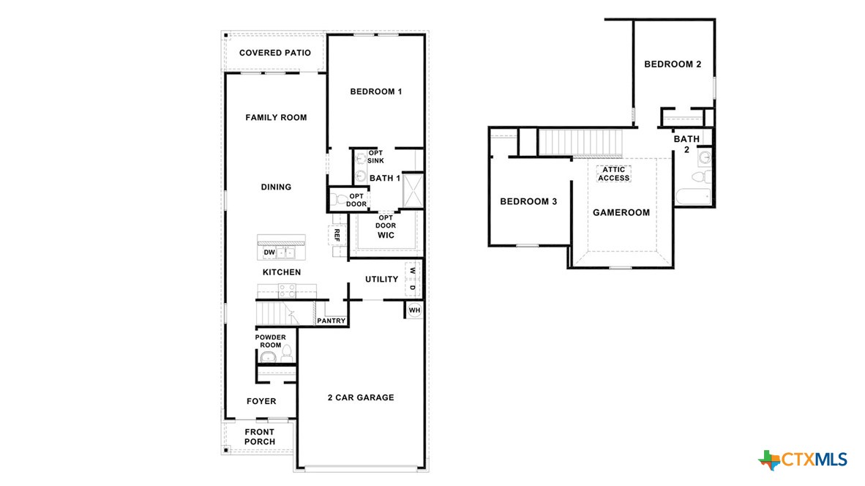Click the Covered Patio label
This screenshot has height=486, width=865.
coord(275,53)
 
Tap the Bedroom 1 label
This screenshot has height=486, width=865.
coord(376,91)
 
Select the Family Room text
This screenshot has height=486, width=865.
coord(276,117)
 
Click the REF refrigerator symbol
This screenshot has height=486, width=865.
coord(337,235)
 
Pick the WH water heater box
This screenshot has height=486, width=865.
coord(414,310)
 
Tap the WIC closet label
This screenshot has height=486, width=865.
coord(386,236)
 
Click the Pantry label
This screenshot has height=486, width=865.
coord(331,321)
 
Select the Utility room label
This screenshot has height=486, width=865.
coord(381,279)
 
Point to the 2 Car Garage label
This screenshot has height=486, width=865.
coord(360,397)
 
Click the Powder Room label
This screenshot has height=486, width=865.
coord(269,341)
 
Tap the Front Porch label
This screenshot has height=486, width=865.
coord(260,437)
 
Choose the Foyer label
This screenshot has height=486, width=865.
coord(261,401)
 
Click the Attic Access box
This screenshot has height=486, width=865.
coord(613,174)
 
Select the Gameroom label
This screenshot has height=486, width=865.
coord(621,213)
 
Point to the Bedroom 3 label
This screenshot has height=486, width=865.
coord(528,201)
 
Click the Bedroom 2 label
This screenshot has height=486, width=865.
coord(673,64)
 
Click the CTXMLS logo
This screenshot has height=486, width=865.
coord(804,459)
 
